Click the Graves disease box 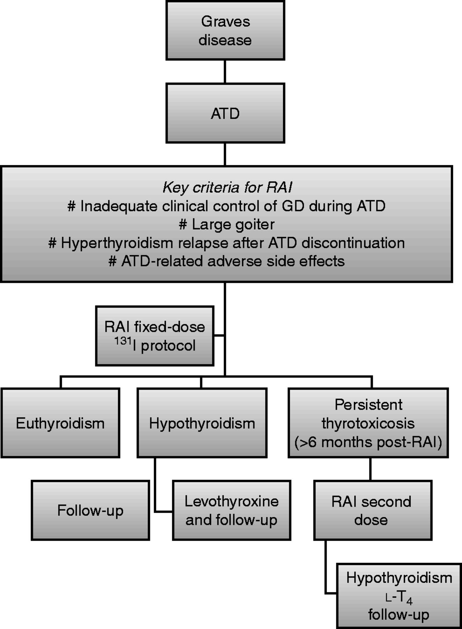(x=225, y=31)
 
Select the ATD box (x=225, y=113)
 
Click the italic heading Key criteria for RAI (x=227, y=188)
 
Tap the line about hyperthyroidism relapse (x=226, y=243)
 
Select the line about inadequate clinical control (x=226, y=206)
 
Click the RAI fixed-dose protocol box (x=154, y=336)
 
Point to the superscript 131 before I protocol (x=123, y=341)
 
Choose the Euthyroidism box (x=60, y=423)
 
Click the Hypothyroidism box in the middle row (x=202, y=423)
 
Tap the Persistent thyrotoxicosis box (x=368, y=414)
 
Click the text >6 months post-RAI (x=368, y=442)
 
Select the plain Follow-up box (x=90, y=511)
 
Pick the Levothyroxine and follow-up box (x=231, y=511)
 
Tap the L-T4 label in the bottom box (x=399, y=598)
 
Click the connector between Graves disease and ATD (x=225, y=72)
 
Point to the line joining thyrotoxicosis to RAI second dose (x=370, y=469)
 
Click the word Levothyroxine (x=231, y=501)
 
